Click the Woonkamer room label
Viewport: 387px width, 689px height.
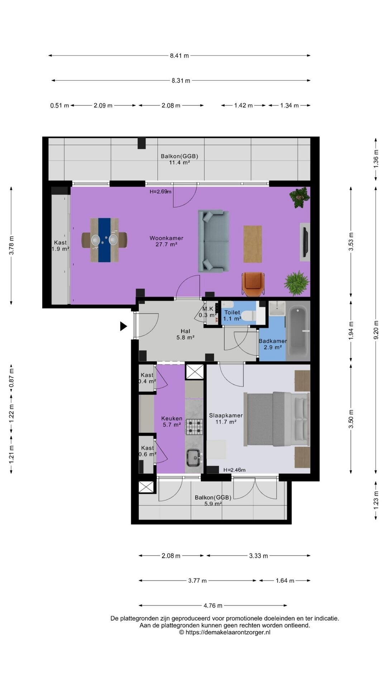[x=166, y=238]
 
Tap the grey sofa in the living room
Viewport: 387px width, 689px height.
[x=214, y=241]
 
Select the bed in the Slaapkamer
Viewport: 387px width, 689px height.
[x=276, y=419]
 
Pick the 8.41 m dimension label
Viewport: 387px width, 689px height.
[x=179, y=56]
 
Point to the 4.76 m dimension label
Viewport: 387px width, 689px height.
[x=213, y=606]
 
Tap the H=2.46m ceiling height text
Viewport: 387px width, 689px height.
[x=234, y=470]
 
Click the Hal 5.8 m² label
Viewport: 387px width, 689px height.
[x=185, y=334]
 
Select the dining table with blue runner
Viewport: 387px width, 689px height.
[x=104, y=240]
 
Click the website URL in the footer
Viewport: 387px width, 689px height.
[x=225, y=632]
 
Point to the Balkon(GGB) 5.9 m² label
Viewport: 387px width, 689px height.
[x=213, y=500]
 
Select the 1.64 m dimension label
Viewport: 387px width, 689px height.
[x=285, y=581]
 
